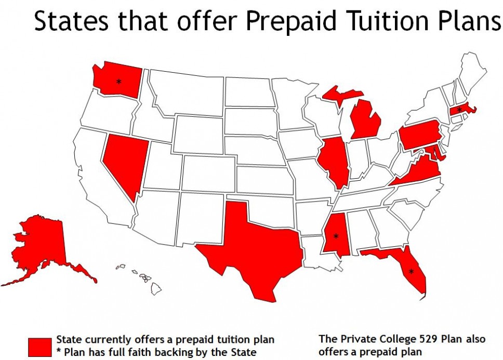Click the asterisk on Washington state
[119, 82]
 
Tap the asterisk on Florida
[411, 271]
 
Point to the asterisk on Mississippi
[335, 237]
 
